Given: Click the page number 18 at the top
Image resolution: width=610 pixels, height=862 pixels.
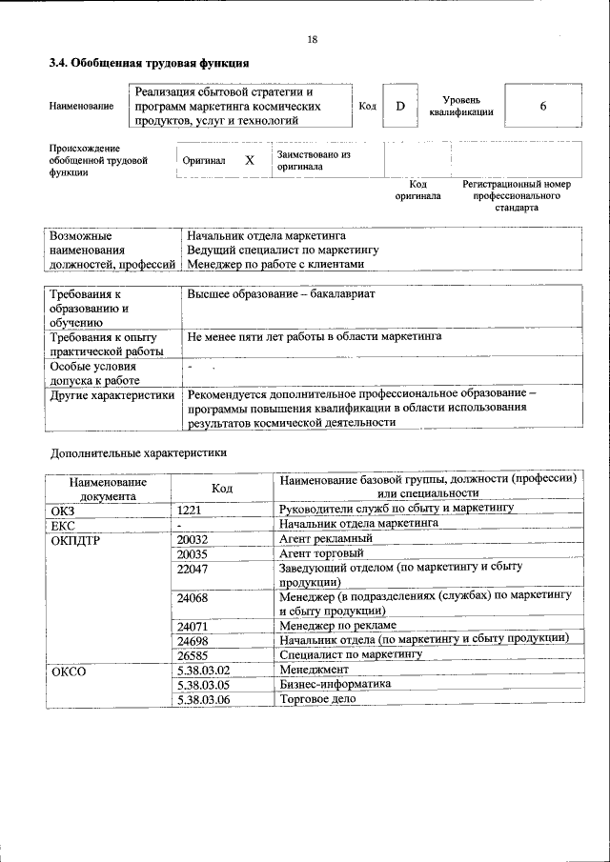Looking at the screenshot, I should [313, 39].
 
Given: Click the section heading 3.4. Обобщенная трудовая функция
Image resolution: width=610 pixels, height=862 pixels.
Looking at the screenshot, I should [149, 63].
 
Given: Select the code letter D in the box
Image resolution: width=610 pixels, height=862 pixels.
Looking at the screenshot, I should [400, 106].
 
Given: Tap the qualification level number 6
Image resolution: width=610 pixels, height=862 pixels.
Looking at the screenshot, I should [542, 106].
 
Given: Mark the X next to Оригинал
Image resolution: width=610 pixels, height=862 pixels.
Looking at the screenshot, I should [250, 161].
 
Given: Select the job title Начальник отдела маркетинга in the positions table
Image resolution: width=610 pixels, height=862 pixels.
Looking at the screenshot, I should [266, 234].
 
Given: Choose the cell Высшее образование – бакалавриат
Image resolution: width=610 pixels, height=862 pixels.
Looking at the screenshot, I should [281, 294].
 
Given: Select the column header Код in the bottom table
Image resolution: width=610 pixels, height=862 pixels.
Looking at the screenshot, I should [222, 487].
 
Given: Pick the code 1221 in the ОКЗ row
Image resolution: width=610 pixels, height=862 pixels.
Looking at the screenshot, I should [190, 510].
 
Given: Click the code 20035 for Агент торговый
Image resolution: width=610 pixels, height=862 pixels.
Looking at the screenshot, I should [193, 552].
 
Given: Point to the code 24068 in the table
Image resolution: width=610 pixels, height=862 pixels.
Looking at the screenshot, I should [193, 597].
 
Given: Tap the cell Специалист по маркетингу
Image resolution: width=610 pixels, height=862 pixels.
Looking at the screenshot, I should [350, 655].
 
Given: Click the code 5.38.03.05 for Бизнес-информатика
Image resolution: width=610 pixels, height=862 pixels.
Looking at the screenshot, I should [203, 685].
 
